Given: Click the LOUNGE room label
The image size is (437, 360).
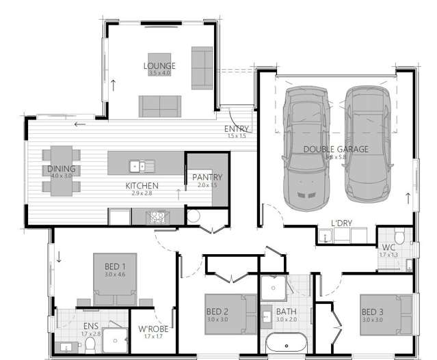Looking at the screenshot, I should click(x=159, y=66).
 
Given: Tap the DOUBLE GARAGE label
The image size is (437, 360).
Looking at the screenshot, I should click(x=335, y=149).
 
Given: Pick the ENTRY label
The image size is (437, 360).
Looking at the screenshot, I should click(x=237, y=129).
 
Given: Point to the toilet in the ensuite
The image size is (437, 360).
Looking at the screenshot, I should click(x=90, y=347).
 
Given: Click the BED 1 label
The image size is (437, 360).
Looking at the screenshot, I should click(x=114, y=266).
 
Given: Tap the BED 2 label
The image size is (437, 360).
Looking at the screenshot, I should click(x=217, y=313).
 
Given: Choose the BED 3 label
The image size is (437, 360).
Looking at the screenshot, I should click(x=372, y=313).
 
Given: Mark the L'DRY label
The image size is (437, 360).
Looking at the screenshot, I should click(x=341, y=224).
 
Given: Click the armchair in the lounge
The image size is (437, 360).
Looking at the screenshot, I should click(x=202, y=59).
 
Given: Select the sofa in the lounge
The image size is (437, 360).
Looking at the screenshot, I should click(x=160, y=105).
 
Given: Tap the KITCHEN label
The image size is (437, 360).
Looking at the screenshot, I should click(x=142, y=186).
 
